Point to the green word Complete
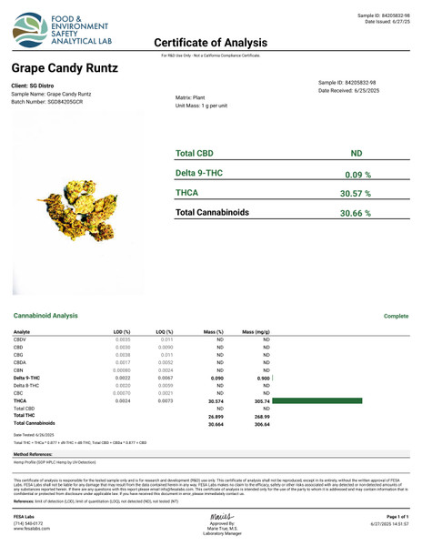[397, 315]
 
